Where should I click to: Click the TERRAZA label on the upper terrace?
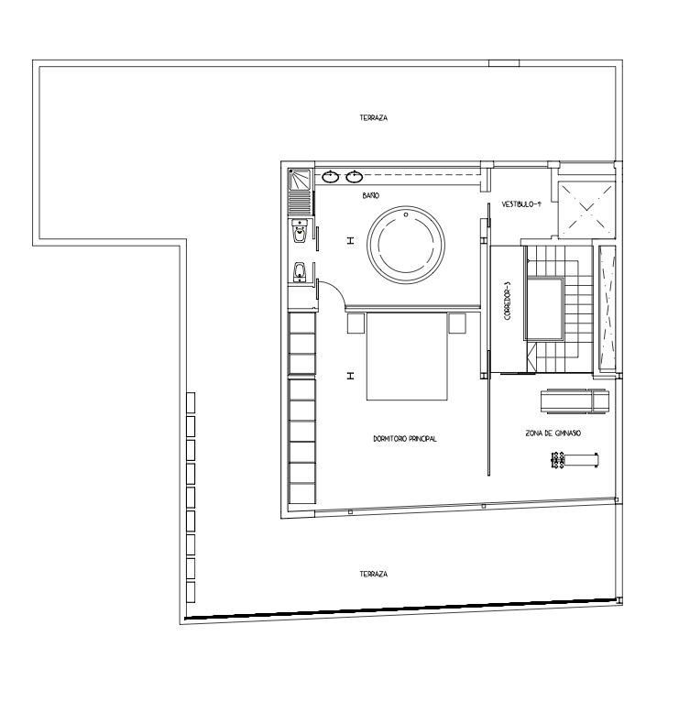373,117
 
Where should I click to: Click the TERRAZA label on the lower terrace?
373,574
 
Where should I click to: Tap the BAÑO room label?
371,195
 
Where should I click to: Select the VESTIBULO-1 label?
521,204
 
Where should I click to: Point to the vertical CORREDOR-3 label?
507,301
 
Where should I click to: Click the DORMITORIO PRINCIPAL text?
405,439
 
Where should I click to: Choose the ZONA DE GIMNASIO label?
553,433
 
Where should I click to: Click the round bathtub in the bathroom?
406,206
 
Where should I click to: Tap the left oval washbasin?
330,176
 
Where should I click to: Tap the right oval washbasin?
354,176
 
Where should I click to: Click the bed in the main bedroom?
407,356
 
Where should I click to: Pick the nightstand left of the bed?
356,324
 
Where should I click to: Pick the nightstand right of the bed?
457,324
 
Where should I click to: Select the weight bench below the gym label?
575,460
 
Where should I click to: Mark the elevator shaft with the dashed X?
586,209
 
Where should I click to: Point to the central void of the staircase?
544,309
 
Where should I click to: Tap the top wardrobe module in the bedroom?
302,323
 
